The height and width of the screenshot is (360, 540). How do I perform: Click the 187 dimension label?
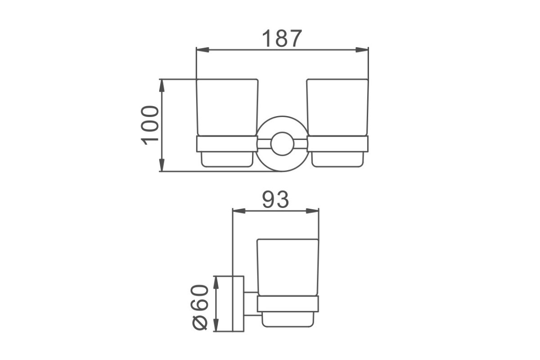pyautogui.click(x=282, y=38)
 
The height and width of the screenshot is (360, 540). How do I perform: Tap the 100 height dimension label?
pyautogui.click(x=150, y=126)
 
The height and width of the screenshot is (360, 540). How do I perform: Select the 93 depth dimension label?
pyautogui.click(x=275, y=200)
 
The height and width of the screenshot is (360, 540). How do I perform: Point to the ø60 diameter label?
pyautogui.click(x=200, y=307)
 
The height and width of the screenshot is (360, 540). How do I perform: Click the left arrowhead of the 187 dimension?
pyautogui.click(x=202, y=49)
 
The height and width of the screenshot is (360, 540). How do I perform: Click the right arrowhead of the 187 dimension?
pyautogui.click(x=362, y=49)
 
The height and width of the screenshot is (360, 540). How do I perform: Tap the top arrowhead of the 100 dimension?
pyautogui.click(x=162, y=85)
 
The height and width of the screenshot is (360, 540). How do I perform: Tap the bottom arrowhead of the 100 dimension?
pyautogui.click(x=162, y=165)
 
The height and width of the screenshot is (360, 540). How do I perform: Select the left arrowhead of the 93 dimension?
pyautogui.click(x=238, y=211)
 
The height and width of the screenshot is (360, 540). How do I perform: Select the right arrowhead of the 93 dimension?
pyautogui.click(x=312, y=211)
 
